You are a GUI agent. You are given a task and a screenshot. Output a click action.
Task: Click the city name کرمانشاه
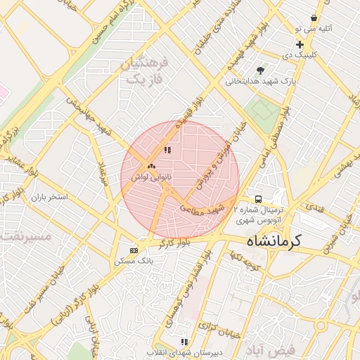[274, 240]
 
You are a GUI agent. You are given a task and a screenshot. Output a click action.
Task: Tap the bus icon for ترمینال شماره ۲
[258, 199]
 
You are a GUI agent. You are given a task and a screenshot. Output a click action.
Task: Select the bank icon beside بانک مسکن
[134, 250]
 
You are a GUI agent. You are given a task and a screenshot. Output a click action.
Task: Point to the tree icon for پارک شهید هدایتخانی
[261, 70]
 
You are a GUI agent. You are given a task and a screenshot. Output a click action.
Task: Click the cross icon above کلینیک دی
[300, 44]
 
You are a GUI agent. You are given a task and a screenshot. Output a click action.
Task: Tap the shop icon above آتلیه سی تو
[314, 18]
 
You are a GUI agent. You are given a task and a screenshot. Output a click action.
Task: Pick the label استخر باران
[49, 197]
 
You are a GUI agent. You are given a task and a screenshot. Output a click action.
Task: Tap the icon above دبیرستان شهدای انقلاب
[184, 341]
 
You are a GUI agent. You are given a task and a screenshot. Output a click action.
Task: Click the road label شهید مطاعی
[202, 209]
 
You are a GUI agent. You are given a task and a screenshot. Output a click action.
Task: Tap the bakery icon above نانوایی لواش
[151, 167]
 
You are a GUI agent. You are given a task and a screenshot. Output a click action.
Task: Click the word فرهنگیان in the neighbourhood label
[146, 64]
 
